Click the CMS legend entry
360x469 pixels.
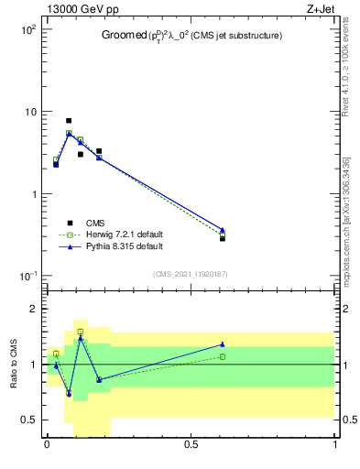click(95, 223)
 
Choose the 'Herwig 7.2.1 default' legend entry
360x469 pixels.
click(124, 234)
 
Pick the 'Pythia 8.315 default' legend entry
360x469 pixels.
click(123, 246)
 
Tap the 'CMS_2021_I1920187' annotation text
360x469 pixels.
click(191, 273)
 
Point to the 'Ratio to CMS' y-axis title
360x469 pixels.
click(14, 365)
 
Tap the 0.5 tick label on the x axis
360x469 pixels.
click(191, 445)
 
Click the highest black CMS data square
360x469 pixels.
click(69, 121)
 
